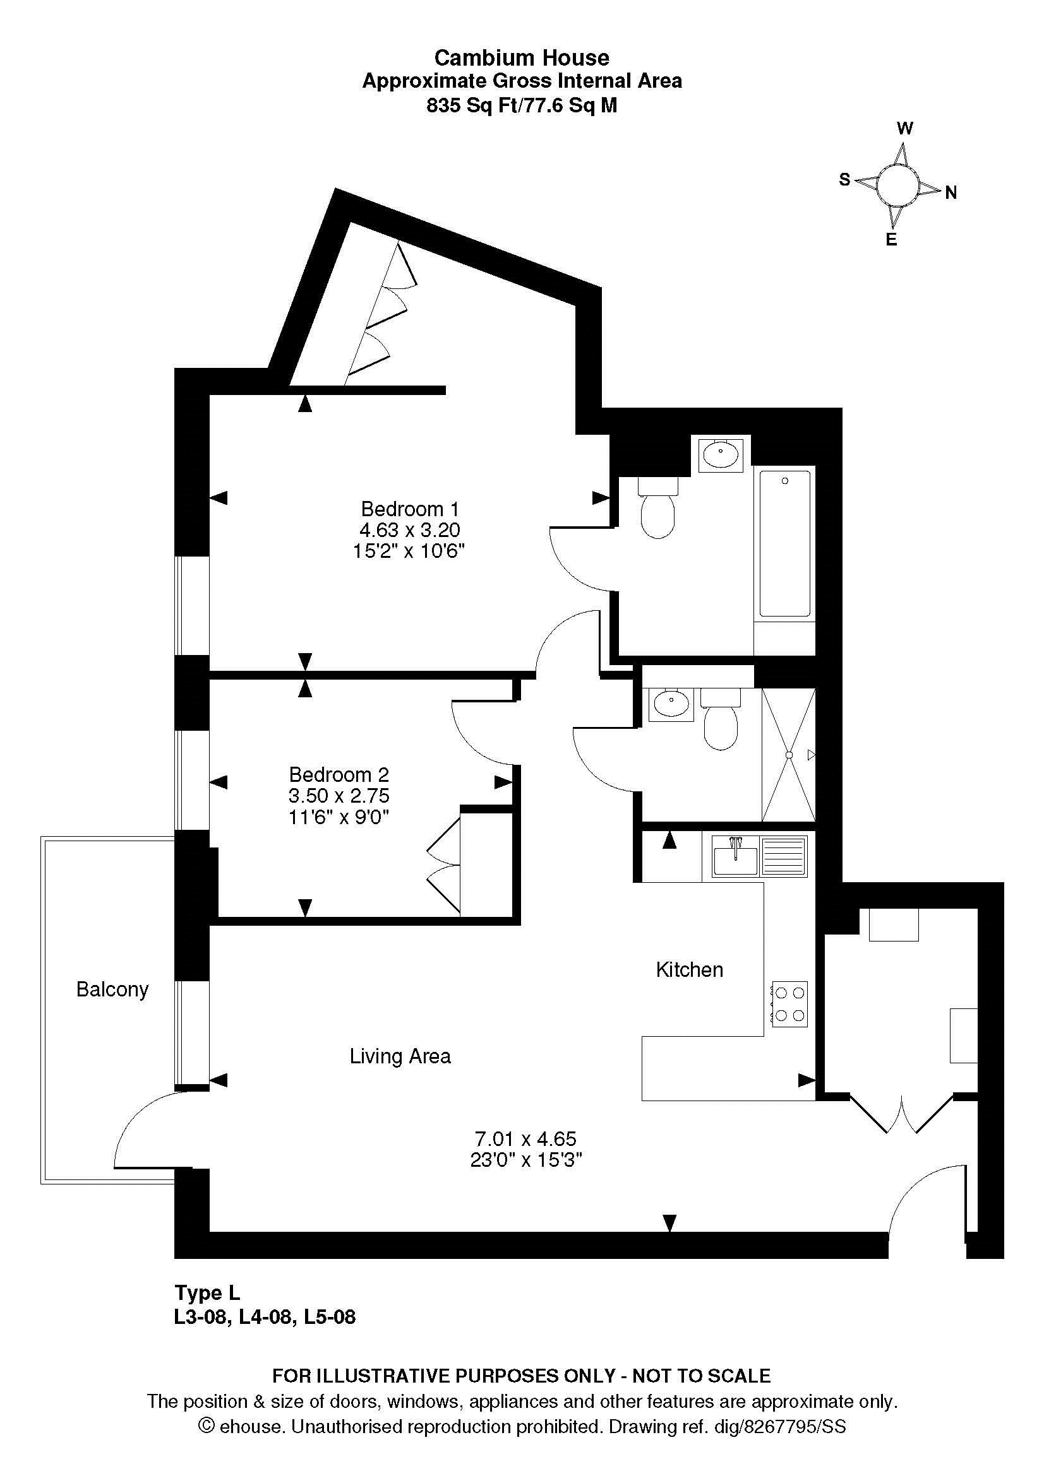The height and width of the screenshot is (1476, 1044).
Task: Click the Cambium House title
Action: tap(522, 58)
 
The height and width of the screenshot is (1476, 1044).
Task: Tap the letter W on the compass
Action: tap(904, 129)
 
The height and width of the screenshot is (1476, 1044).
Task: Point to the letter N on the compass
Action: tap(951, 192)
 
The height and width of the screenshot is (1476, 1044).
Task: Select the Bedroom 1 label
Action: tap(410, 509)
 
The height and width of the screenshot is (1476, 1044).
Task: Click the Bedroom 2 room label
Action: tap(339, 774)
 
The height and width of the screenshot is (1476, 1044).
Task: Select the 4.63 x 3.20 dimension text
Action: tap(410, 530)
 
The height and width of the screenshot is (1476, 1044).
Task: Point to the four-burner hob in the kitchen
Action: tap(789, 1004)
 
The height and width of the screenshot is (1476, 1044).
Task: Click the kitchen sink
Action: tap(759, 856)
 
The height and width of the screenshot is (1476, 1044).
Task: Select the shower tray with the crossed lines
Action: tap(789, 755)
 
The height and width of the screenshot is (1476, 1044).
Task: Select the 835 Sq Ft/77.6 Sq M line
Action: tap(522, 105)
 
